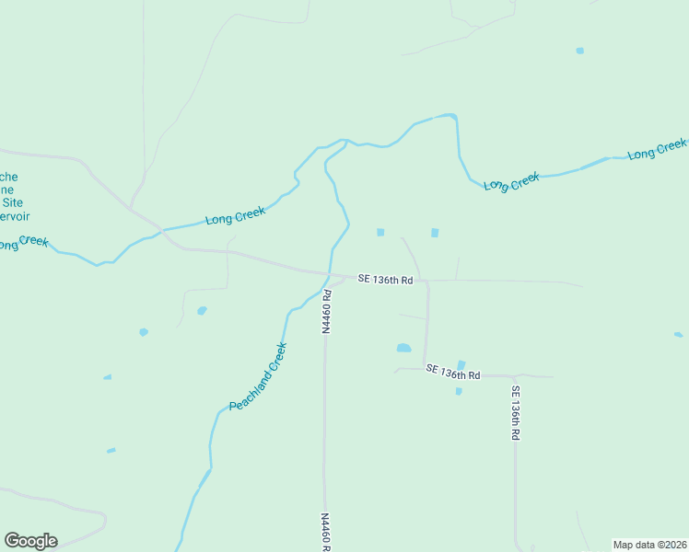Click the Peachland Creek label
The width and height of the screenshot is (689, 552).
coord(258,377)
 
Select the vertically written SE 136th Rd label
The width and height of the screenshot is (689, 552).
coord(517,411)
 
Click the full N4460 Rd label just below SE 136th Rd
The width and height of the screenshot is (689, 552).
coord(326,311)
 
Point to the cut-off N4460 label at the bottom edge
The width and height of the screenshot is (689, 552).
coord(325,532)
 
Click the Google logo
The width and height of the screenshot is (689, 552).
coord(30,541)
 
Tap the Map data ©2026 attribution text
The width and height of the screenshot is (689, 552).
coord(649,545)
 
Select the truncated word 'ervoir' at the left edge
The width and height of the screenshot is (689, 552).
coord(15,216)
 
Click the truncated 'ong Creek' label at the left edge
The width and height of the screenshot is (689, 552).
coord(23,243)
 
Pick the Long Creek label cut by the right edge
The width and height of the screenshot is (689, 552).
coord(658,149)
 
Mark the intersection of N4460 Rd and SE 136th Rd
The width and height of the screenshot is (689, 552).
coord(327,274)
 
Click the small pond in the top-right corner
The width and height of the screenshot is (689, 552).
coord(579,51)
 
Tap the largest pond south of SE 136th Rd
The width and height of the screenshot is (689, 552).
coord(403,348)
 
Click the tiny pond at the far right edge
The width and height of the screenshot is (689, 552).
coord(679,335)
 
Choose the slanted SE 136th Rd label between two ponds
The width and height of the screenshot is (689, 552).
coord(453,372)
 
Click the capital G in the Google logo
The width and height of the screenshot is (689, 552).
coord(13,540)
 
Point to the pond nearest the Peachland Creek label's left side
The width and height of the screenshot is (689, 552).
coord(202,311)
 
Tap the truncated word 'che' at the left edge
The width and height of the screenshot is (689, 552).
coord(9,177)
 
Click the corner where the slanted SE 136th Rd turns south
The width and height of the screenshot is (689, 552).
coord(516,376)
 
